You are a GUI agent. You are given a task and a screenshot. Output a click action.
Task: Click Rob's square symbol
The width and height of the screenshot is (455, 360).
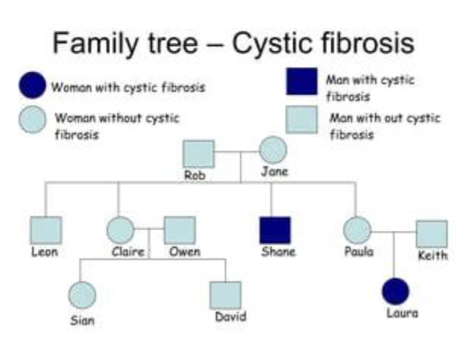pos(198,153)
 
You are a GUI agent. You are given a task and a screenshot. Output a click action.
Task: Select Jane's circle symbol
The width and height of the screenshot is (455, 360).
pos(273,151)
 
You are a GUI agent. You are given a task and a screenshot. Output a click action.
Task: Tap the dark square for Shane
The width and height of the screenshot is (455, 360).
pos(275,230)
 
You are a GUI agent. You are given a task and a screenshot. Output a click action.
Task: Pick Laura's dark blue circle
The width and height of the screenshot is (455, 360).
pos(395,291)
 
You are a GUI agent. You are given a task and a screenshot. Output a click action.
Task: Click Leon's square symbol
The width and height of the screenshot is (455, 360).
pos(46,230)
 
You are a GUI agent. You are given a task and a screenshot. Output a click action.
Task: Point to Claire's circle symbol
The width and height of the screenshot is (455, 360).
pos(120,230)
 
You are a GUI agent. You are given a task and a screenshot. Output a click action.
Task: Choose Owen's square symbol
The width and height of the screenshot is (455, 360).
pos(180,230)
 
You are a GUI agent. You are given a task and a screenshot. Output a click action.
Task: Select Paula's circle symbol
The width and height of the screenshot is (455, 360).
pos(357,230)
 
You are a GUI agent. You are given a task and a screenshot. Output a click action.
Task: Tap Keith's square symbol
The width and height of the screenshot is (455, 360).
pos(431,233)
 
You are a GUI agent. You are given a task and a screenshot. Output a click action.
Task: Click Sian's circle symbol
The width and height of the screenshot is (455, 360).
pos(82,295)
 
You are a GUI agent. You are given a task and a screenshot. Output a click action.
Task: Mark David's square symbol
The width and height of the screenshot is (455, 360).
pos(225,295)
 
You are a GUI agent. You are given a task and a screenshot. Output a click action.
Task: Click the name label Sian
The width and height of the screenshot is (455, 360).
pos(82,320)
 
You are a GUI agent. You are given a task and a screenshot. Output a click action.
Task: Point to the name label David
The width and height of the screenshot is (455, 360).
pos(230,316)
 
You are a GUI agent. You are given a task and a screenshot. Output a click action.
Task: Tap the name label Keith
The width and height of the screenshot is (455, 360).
pos(433,256)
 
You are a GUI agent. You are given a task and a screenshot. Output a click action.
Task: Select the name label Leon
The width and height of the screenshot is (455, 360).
pos(45,251)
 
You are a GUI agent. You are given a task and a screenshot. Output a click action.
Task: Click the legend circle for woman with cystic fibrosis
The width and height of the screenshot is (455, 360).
pos(31,86)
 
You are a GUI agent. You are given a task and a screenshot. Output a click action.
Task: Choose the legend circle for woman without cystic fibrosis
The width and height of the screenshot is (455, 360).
pos(32,120)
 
